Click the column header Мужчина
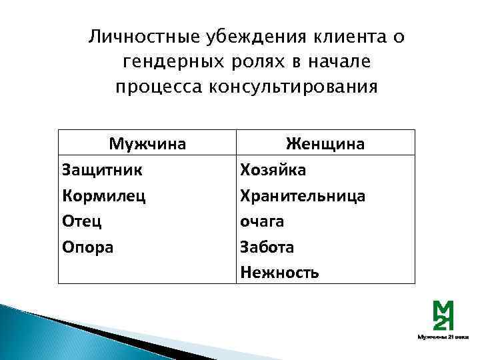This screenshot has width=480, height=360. [x=147, y=143]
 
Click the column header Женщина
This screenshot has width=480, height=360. [x=325, y=143]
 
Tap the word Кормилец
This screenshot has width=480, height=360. [x=103, y=195]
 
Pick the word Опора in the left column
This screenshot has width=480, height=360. [x=87, y=247]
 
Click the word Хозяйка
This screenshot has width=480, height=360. [x=273, y=169]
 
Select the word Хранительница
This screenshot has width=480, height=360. [x=303, y=195]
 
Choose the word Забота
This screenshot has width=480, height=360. [x=267, y=247]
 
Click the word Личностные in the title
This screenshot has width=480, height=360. [x=140, y=36]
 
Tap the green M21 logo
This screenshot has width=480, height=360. [x=443, y=315]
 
